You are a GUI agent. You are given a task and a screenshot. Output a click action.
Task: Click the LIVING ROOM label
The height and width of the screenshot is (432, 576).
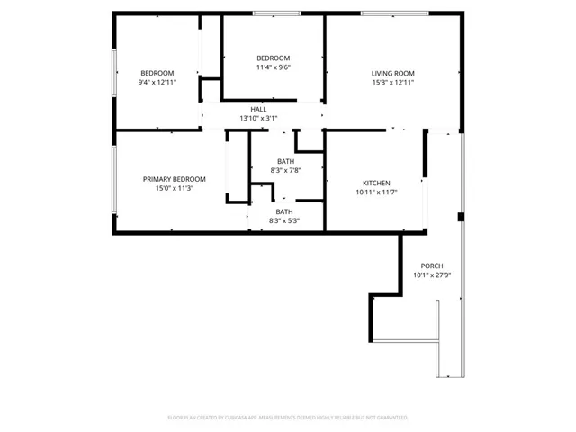pos(392,73)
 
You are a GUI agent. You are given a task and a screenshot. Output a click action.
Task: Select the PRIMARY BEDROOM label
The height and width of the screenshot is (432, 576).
pos(175,179)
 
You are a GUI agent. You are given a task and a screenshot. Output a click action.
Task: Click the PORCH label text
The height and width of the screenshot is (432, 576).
pos(432,265)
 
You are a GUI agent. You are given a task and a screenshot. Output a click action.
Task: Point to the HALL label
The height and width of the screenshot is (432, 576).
pos(258,109)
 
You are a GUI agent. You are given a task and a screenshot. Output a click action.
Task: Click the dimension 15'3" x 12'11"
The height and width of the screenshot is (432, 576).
pos(392,83)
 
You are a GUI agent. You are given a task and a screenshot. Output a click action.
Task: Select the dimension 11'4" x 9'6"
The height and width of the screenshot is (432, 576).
pos(273,67)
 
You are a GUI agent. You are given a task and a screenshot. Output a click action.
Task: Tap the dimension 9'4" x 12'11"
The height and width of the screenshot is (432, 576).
pos(157,83)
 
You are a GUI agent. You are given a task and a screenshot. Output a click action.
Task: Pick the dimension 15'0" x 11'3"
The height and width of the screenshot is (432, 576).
pos(175,189)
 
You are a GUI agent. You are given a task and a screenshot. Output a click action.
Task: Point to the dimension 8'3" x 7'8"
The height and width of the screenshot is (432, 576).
pos(284,170)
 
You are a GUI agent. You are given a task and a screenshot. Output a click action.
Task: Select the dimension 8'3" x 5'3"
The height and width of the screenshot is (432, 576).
pos(284,220)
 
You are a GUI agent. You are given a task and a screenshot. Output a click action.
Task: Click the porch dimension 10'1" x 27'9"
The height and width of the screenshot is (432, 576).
pos(432,275)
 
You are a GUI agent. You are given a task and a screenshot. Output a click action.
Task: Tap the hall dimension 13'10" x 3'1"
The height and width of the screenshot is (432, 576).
pos(258,118)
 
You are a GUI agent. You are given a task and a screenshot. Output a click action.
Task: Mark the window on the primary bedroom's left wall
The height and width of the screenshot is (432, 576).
pos(113,180)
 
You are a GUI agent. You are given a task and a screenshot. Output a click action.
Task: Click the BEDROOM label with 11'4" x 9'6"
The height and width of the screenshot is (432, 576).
pos(273,58)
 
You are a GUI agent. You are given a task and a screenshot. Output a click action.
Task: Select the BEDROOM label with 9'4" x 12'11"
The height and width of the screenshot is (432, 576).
pos(157,73)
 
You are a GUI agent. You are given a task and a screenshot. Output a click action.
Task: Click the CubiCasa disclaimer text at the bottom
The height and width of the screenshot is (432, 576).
pos(288,418)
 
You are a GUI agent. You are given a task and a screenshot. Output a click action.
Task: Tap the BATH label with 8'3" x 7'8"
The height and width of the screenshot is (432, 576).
pos(284,161)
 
